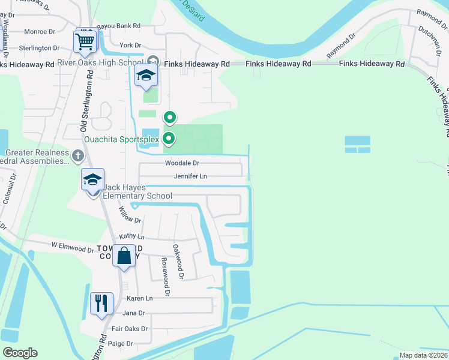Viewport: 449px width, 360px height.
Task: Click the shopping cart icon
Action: (85, 42)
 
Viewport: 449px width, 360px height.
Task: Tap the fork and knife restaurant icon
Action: (101, 303)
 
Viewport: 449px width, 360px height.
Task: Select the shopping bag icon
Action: (124, 256)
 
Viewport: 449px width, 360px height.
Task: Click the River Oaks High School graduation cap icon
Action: (145, 76)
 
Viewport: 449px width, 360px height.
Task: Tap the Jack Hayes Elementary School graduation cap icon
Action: (93, 180)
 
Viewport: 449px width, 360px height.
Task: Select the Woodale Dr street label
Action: (182, 163)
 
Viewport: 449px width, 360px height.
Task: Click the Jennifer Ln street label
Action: (190, 176)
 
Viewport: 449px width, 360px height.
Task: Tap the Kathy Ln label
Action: (132, 237)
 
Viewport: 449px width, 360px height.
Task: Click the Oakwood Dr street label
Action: (178, 261)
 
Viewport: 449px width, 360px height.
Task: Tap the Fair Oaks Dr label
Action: (129, 329)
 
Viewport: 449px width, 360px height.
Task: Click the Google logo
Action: (20, 353)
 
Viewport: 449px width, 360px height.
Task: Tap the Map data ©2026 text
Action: (423, 355)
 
